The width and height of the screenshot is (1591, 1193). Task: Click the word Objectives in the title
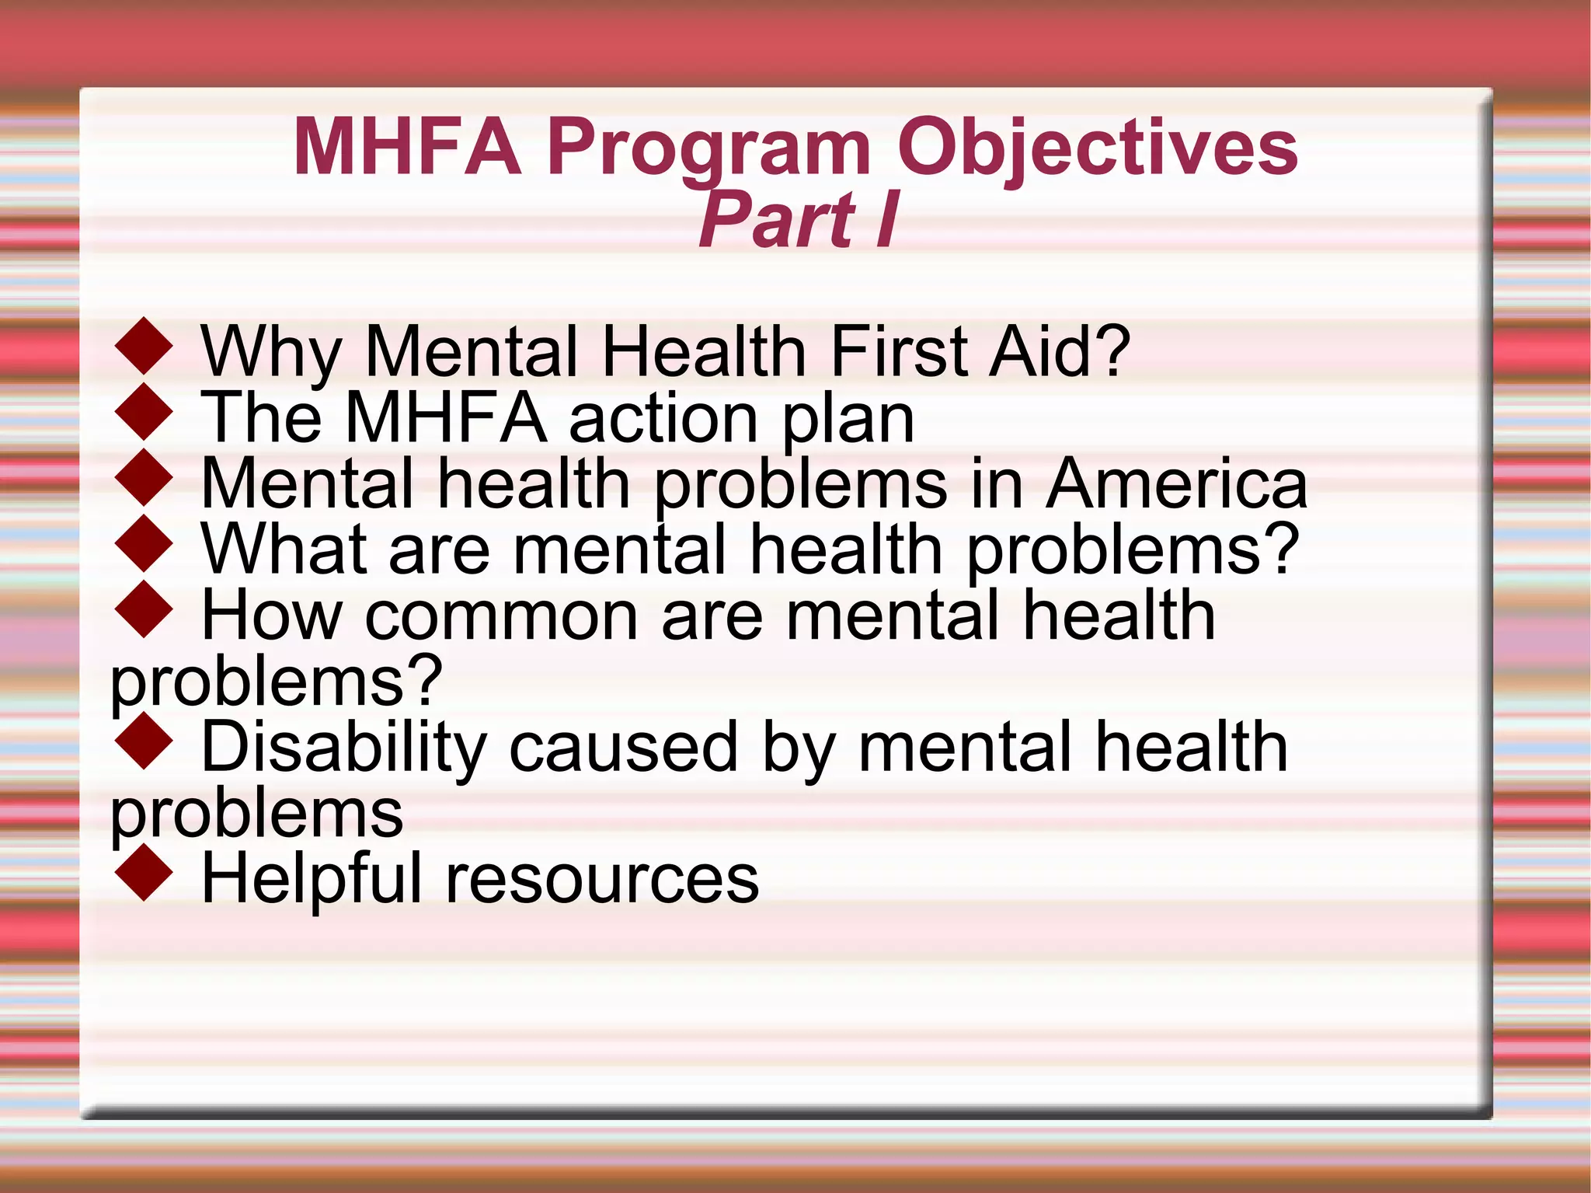coord(1097,148)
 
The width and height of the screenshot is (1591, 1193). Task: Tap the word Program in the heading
coord(708,148)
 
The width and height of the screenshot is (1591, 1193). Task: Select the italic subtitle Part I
coord(799,220)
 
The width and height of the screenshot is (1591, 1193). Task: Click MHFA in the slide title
coord(407,148)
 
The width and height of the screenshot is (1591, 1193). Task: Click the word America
coord(1176,483)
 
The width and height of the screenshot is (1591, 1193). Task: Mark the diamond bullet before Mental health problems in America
coord(144,479)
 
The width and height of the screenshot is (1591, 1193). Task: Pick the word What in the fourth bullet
coord(284,549)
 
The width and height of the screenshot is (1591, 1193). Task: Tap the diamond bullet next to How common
coord(144,611)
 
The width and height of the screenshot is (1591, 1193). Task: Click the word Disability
coord(343,748)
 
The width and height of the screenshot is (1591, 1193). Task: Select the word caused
coord(623,748)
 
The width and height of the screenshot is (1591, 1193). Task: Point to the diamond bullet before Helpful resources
coord(144,874)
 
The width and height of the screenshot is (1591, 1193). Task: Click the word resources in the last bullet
coord(601,879)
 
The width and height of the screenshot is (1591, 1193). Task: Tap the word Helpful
coord(311,879)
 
